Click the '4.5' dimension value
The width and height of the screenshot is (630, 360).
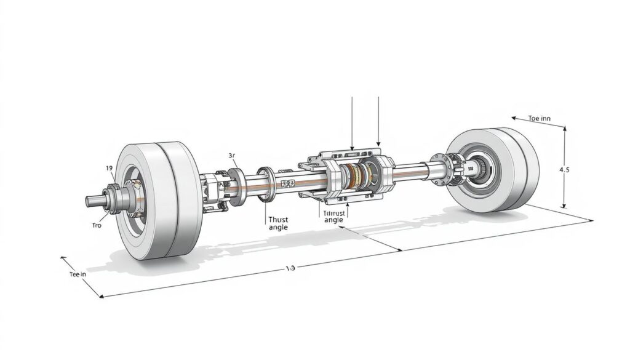pos(564,170)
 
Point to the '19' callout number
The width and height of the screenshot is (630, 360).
pos(108,168)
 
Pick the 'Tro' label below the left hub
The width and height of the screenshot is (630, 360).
pos(96,226)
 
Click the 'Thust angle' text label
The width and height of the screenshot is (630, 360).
pos(278,223)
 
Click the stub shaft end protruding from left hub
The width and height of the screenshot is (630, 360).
pos(92,201)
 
